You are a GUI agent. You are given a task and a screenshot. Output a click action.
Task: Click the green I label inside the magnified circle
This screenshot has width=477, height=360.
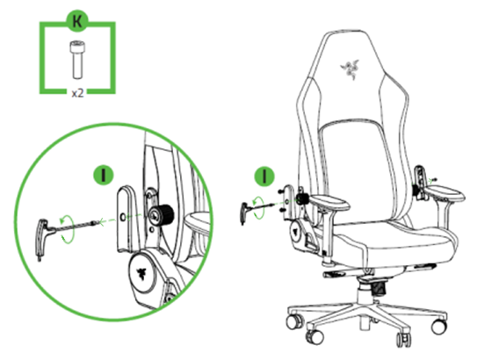tap(104, 173)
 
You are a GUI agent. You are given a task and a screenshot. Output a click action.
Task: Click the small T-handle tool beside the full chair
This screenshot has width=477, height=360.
tap(248, 212)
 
